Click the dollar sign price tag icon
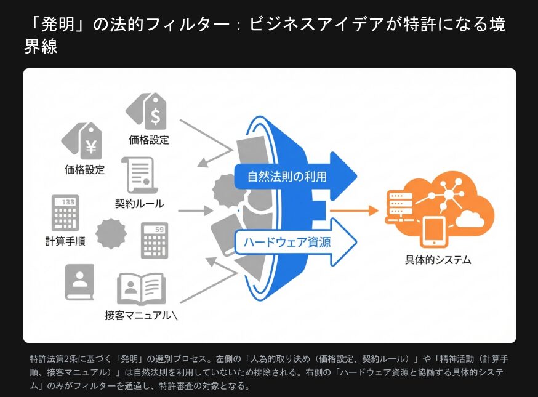coord(147,111)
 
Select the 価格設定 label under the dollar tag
coord(149,140)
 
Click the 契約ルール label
coord(140,203)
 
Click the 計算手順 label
coord(65,241)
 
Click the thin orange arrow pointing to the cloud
coord(353,211)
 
